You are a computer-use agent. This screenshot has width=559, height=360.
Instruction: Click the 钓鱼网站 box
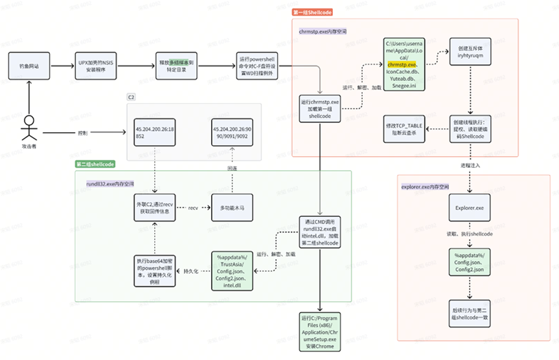click(29, 67)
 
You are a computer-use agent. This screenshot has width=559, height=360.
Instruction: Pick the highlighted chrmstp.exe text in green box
click(403, 65)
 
